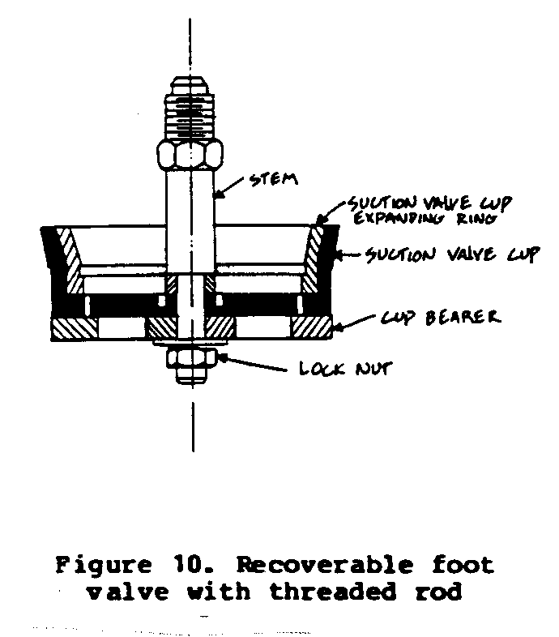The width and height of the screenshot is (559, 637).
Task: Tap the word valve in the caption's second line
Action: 128,592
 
